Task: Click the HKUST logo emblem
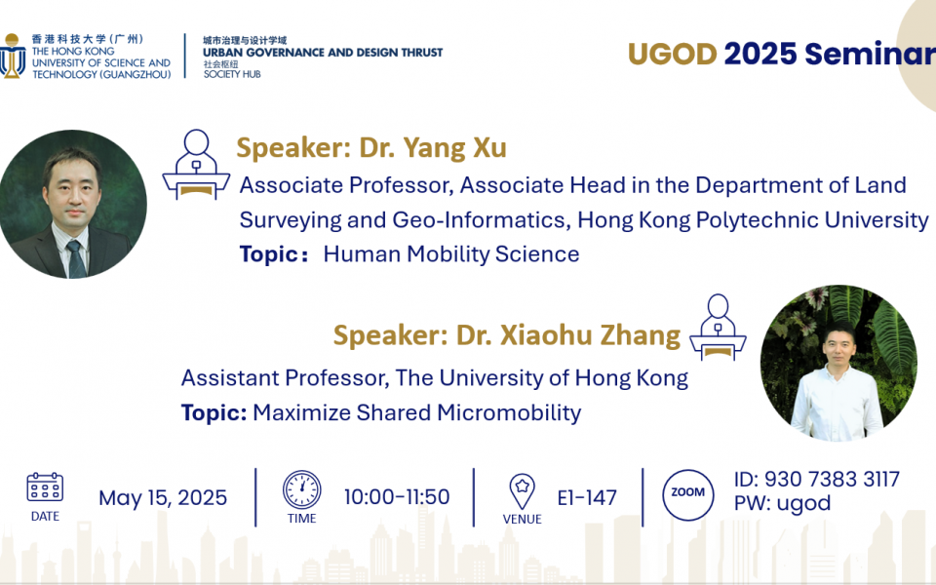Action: pos(12,56)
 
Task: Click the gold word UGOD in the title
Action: pos(672,54)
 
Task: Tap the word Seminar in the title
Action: pos(870,54)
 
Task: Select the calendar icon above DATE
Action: pos(45,487)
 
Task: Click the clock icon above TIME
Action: pos(301,489)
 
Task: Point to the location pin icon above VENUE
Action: pos(522,491)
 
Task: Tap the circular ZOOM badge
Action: pos(687,495)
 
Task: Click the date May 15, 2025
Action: pos(163,498)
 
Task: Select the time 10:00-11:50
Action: pos(397,496)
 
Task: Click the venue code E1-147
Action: pos(587,497)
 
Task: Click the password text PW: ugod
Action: pos(782,503)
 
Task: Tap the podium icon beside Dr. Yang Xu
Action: pos(196,164)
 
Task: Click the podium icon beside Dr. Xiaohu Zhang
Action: pos(718,328)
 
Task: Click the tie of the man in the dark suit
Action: pos(76,259)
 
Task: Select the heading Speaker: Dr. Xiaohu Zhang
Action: pos(507,334)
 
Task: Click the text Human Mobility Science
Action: pos(451,254)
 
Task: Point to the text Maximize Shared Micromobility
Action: pos(417,412)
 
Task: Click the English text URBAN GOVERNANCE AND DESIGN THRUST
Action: pos(323,53)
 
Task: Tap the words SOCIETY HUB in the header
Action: pos(232,74)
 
